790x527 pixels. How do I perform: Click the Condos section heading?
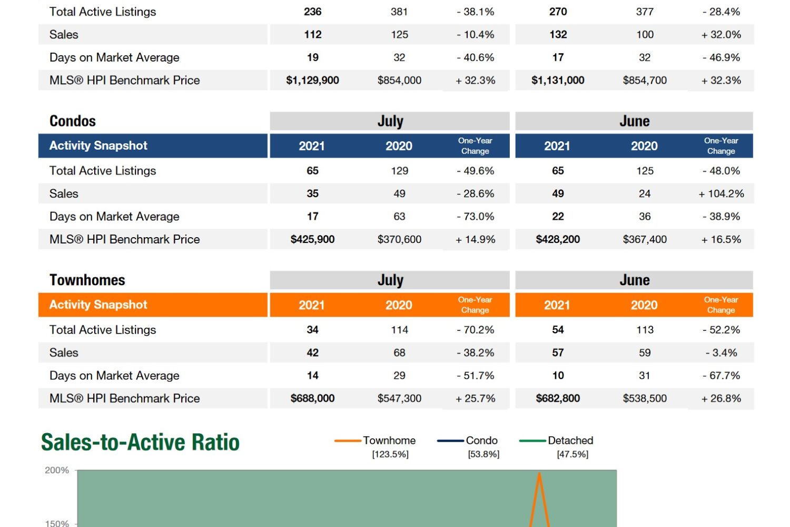[x=73, y=121]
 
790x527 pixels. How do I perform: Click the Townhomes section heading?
[x=87, y=280]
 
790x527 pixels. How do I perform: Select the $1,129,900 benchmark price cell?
[x=312, y=81]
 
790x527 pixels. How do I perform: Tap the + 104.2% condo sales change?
[x=721, y=194]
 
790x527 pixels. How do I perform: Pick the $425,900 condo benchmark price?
[x=312, y=240]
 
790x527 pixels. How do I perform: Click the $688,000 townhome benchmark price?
[x=312, y=398]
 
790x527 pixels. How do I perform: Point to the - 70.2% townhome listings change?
[x=475, y=330]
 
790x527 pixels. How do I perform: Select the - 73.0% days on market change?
[x=475, y=217]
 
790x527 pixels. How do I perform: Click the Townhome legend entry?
[x=389, y=441]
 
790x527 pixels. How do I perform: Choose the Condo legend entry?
[x=481, y=441]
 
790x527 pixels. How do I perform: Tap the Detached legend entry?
[x=570, y=441]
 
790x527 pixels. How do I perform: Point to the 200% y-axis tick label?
[x=57, y=470]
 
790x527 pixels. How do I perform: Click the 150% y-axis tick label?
[x=57, y=523]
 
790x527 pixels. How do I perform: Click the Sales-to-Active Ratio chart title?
[x=140, y=442]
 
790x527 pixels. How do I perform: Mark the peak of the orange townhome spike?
[x=539, y=473]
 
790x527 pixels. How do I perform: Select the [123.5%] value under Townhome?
[x=390, y=454]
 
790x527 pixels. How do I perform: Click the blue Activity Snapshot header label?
[x=98, y=146]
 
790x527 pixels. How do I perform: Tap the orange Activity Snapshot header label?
[x=98, y=305]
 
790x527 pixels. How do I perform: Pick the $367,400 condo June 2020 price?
[x=645, y=240]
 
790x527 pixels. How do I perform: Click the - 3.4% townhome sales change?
[x=721, y=353]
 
